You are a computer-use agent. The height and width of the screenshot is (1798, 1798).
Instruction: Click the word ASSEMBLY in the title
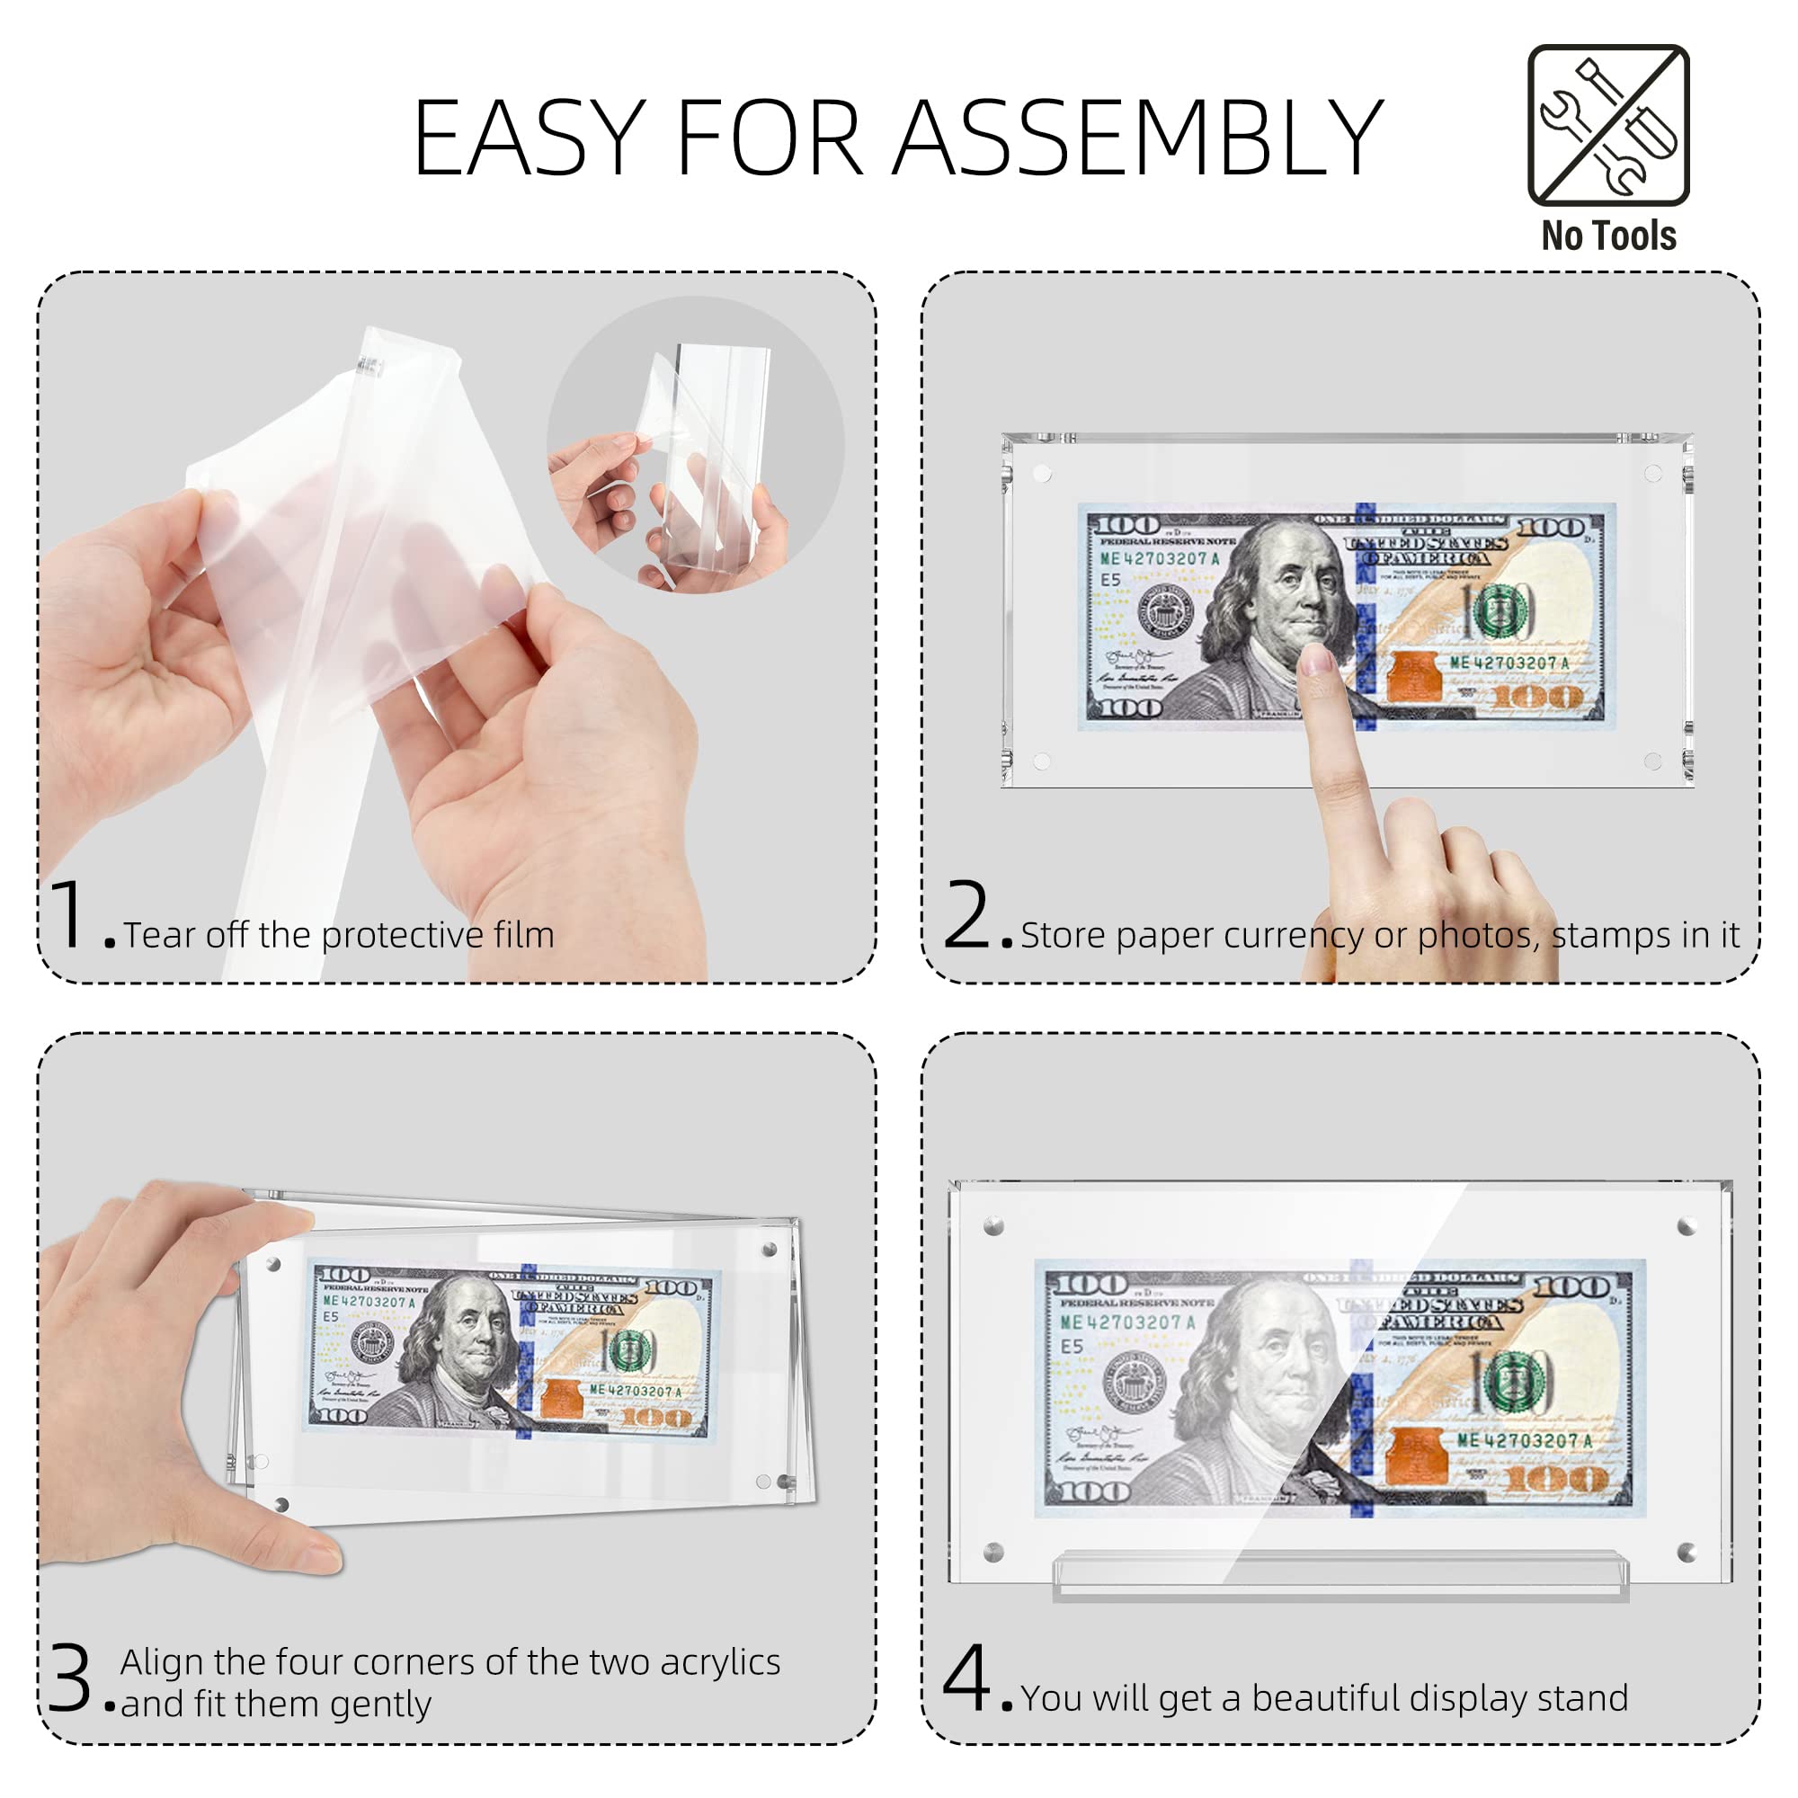tap(1137, 138)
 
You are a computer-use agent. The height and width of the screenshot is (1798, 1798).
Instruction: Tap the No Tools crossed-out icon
tap(1608, 125)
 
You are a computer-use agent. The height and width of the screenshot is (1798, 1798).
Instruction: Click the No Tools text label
tap(1608, 236)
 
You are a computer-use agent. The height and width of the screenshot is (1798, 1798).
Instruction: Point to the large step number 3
tap(71, 1678)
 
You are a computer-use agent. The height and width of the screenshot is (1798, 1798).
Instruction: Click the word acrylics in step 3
tap(719, 1662)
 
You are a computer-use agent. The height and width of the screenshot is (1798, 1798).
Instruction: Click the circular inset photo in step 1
tap(696, 445)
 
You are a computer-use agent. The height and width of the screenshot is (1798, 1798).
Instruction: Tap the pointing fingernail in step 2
tap(1316, 660)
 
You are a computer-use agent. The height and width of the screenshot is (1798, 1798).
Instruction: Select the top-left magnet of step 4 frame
tap(994, 1226)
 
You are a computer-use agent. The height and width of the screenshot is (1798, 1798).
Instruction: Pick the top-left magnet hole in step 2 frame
tap(1042, 474)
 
